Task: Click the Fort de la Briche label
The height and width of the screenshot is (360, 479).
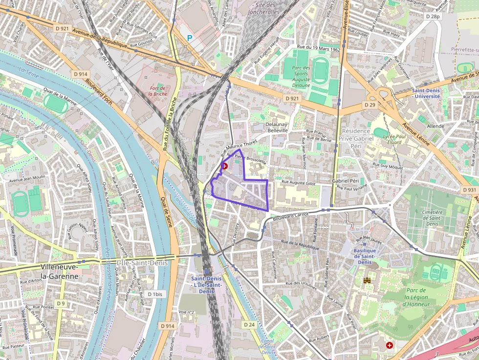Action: tap(159, 91)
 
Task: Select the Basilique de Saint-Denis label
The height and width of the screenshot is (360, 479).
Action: tap(364, 256)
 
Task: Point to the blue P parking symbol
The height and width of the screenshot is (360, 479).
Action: tap(190, 38)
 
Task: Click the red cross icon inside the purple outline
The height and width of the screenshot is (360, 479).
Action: tap(225, 166)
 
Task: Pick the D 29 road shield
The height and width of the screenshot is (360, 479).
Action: tap(370, 105)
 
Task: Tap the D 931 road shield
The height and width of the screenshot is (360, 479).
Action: tap(469, 190)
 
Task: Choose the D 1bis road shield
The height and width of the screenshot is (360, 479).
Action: tap(155, 294)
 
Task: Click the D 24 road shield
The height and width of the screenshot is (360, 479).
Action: tap(249, 324)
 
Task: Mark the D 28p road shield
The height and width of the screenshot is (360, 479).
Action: tap(433, 16)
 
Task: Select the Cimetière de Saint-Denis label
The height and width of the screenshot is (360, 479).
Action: tap(432, 218)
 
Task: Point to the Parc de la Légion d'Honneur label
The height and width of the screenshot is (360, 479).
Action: tap(416, 297)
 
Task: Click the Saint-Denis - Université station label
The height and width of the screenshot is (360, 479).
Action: tap(426, 93)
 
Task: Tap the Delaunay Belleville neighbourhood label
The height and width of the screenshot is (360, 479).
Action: tap(277, 127)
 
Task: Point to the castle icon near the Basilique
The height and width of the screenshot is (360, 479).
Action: tap(367, 280)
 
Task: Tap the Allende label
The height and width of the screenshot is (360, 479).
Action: tap(435, 126)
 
